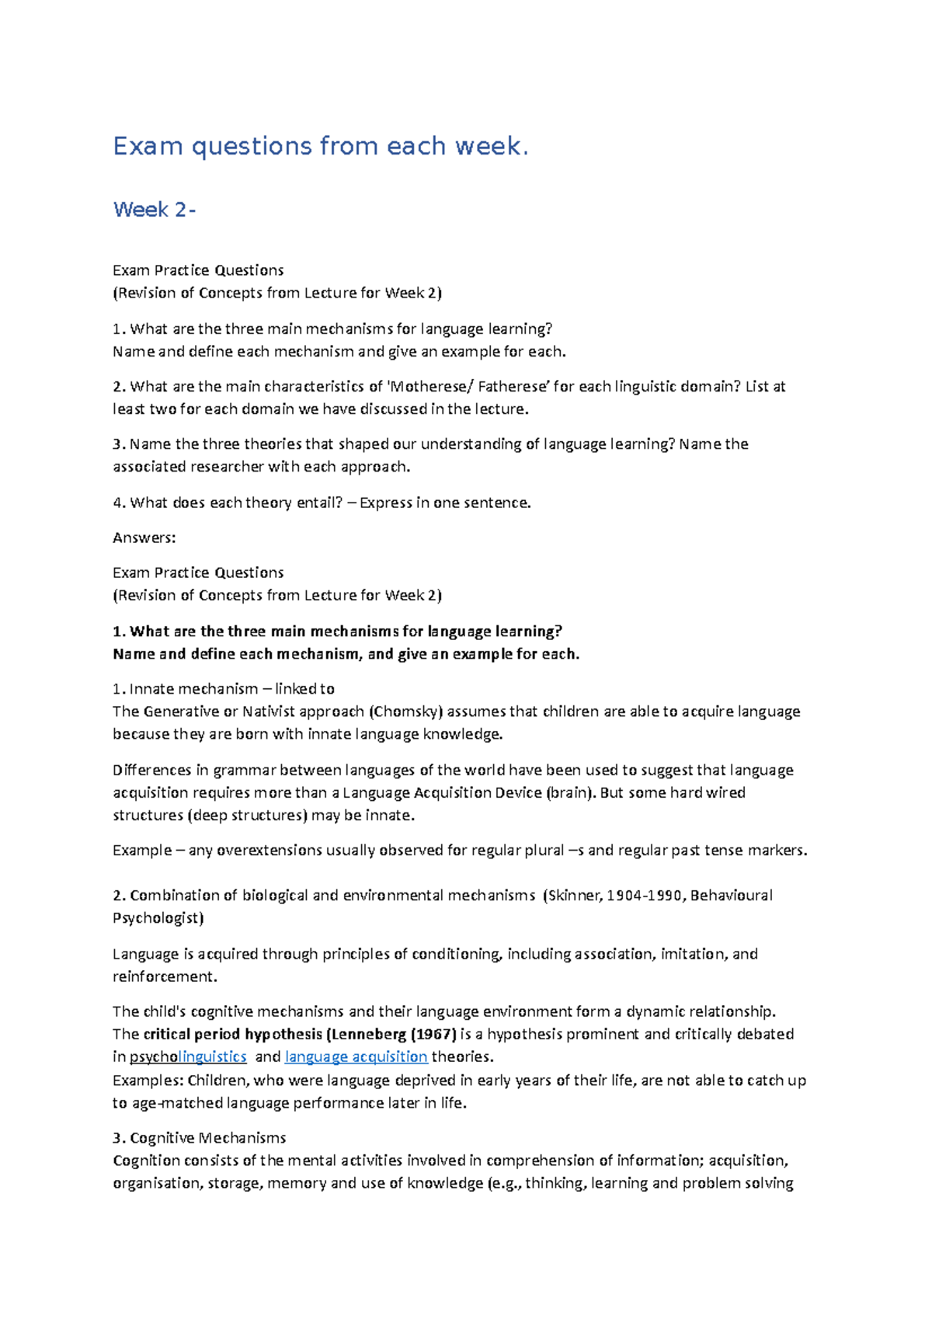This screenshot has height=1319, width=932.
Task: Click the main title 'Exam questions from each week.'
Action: point(320,146)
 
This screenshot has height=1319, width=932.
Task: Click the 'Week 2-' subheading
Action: point(154,210)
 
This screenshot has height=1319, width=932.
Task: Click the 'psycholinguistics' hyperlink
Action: point(188,1057)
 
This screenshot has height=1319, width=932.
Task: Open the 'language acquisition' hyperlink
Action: point(356,1057)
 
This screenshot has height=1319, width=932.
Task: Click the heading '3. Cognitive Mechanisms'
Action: point(199,1138)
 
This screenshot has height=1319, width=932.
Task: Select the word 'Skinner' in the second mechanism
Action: point(574,896)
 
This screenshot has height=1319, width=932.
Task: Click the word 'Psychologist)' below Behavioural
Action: point(158,918)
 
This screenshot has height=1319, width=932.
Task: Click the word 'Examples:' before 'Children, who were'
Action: point(148,1081)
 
